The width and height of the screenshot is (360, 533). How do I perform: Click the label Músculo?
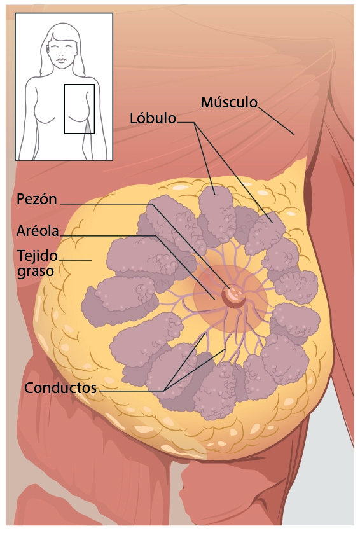tap(229, 102)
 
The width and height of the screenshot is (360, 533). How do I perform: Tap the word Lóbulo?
tap(153, 118)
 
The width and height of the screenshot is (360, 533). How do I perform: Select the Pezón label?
tap(37, 200)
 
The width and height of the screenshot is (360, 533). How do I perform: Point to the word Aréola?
tap(38, 231)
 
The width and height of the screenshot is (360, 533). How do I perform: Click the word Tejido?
tap(37, 256)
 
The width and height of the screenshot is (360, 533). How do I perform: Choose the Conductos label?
tap(60, 388)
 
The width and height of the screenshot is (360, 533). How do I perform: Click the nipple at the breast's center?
tap(233, 296)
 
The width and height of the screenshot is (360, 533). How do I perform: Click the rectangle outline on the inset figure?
tap(64, 109)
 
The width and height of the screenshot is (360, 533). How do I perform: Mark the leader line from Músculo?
tap(277, 121)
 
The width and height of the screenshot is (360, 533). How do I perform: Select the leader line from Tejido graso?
tap(76, 260)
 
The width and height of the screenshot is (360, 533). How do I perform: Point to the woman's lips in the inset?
tap(62, 60)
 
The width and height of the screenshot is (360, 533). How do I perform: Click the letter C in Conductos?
tap(29, 388)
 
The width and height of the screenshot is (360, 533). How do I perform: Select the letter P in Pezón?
tap(21, 200)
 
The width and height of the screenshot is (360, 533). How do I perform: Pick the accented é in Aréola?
tap(33, 231)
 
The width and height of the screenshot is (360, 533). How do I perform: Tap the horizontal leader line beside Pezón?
tap(106, 204)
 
